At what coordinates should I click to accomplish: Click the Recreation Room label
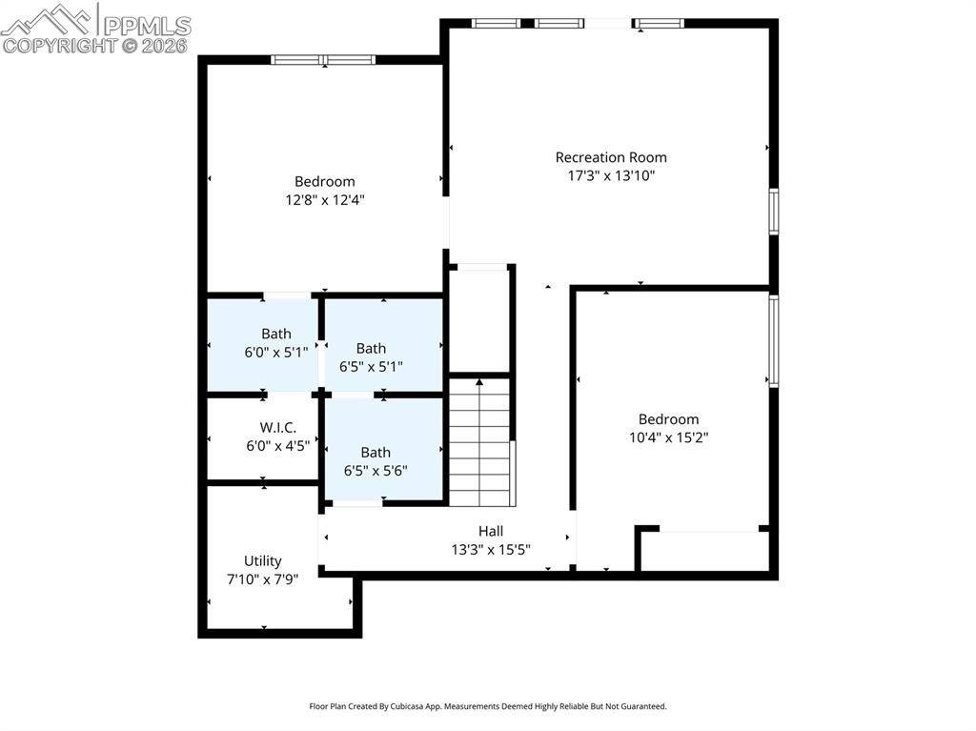(611, 157)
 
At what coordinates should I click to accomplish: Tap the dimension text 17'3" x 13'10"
(611, 175)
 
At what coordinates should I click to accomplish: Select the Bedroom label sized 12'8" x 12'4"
(324, 181)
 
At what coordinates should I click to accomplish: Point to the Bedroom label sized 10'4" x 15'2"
(668, 419)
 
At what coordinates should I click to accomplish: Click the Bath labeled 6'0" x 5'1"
(276, 334)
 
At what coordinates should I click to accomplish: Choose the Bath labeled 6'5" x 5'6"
(376, 453)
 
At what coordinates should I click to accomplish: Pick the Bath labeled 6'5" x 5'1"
(371, 348)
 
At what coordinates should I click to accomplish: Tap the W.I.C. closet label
(277, 427)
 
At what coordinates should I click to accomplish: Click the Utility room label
(262, 561)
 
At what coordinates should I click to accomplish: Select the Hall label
(491, 531)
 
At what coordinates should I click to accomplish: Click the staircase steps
(479, 443)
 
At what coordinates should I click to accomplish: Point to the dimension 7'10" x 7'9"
(262, 579)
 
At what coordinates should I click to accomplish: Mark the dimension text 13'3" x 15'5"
(491, 549)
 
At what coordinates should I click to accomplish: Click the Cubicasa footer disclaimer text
(487, 706)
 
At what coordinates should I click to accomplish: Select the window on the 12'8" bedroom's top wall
(324, 60)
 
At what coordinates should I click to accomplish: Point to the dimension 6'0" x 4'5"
(277, 444)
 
